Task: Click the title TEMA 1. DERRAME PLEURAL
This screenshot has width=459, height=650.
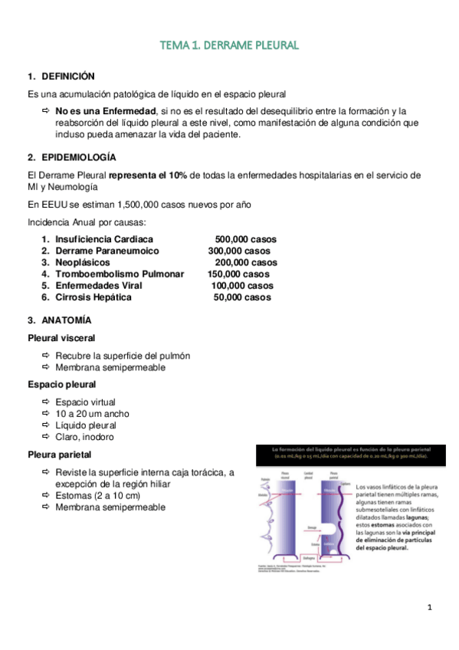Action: click(229, 46)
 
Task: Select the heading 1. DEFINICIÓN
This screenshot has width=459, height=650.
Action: click(61, 77)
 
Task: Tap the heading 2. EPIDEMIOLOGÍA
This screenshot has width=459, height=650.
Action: click(71, 157)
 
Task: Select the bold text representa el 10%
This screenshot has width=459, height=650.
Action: click(148, 176)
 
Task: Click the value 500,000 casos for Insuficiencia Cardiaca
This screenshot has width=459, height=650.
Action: click(245, 239)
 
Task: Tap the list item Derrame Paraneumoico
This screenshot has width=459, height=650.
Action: click(107, 251)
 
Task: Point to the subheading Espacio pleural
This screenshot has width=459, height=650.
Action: click(61, 385)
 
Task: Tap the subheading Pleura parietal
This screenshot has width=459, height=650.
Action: click(58, 455)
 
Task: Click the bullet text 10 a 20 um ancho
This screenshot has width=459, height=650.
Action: click(92, 414)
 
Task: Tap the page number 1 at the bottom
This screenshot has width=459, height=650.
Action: click(431, 608)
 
